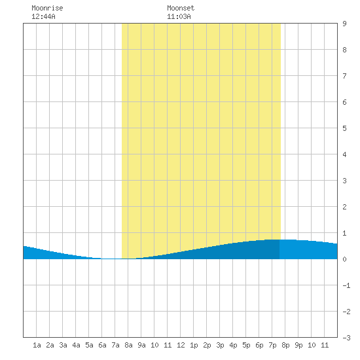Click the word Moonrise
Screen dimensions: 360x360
pyautogui.click(x=47, y=8)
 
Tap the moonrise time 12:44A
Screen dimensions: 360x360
pyautogui.click(x=43, y=16)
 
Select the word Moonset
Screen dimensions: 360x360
pyautogui.click(x=181, y=8)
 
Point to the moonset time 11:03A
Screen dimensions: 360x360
pyautogui.click(x=179, y=16)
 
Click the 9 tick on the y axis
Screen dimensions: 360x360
pyautogui.click(x=344, y=24)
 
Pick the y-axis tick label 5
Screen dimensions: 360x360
pyautogui.click(x=344, y=128)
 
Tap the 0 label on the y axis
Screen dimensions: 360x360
pyautogui.click(x=344, y=259)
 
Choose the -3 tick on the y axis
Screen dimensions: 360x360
pyautogui.click(x=346, y=338)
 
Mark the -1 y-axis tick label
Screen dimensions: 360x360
pyautogui.click(x=346, y=285)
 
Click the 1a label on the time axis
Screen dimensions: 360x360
pyautogui.click(x=37, y=345)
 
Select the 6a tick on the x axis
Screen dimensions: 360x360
pyautogui.click(x=102, y=345)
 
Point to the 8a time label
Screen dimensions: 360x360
pyautogui.click(x=128, y=345)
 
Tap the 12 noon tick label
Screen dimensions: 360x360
pyautogui.click(x=181, y=345)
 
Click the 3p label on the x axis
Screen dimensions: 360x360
pyautogui.click(x=220, y=345)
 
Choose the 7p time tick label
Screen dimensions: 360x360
pyautogui.click(x=272, y=345)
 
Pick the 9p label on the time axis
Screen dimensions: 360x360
pyautogui.click(x=298, y=345)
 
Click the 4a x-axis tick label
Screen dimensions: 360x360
pyautogui.click(x=76, y=345)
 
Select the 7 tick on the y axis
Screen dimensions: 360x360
pyautogui.click(x=344, y=76)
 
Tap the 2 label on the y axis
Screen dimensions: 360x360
pyautogui.click(x=344, y=207)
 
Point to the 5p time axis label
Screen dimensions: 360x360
pyautogui.click(x=246, y=345)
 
